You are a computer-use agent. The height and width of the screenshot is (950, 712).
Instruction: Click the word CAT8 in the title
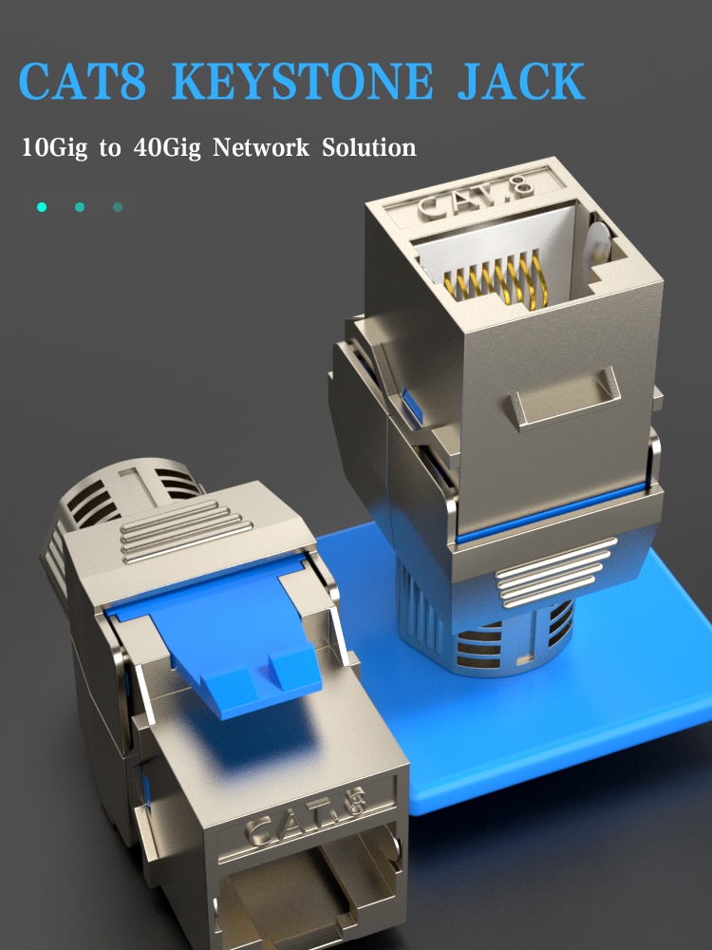pos(83,81)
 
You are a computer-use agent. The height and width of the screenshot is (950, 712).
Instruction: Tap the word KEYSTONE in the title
pos(302,81)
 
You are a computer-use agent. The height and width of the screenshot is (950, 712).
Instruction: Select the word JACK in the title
pos(521,81)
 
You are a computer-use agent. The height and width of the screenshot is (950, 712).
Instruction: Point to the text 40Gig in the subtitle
pos(167,148)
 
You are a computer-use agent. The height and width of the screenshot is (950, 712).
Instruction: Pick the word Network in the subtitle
pos(260,147)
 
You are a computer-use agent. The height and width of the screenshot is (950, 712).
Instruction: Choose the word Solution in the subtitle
pos(368,147)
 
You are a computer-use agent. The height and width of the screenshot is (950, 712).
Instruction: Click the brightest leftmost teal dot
pos(42,207)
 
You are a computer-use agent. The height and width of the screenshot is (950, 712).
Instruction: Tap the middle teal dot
pos(80,207)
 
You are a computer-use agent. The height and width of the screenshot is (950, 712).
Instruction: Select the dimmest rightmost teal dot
pos(118,207)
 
